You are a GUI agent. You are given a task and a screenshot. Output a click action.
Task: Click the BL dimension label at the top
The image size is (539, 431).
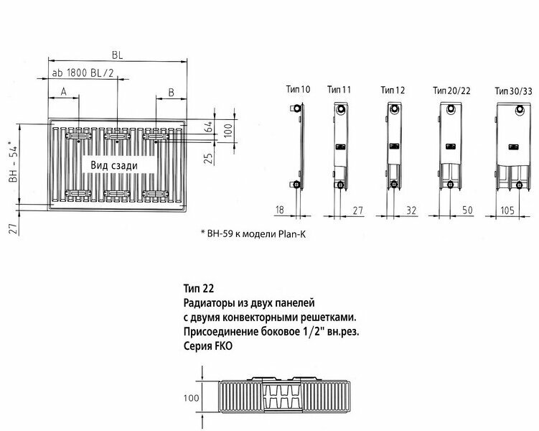pyautogui.click(x=116, y=53)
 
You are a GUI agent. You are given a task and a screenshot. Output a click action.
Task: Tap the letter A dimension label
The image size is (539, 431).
pyautogui.click(x=63, y=92)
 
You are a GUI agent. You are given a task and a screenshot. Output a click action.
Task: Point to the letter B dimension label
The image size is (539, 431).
pyautogui.click(x=171, y=92)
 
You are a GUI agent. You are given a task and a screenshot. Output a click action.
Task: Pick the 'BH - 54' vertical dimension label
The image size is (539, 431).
pyautogui.click(x=11, y=166)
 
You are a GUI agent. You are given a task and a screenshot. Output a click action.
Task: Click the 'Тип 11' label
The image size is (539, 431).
pyautogui.click(x=339, y=90)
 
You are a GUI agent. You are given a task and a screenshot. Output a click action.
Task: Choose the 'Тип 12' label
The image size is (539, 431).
pyautogui.click(x=393, y=90)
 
